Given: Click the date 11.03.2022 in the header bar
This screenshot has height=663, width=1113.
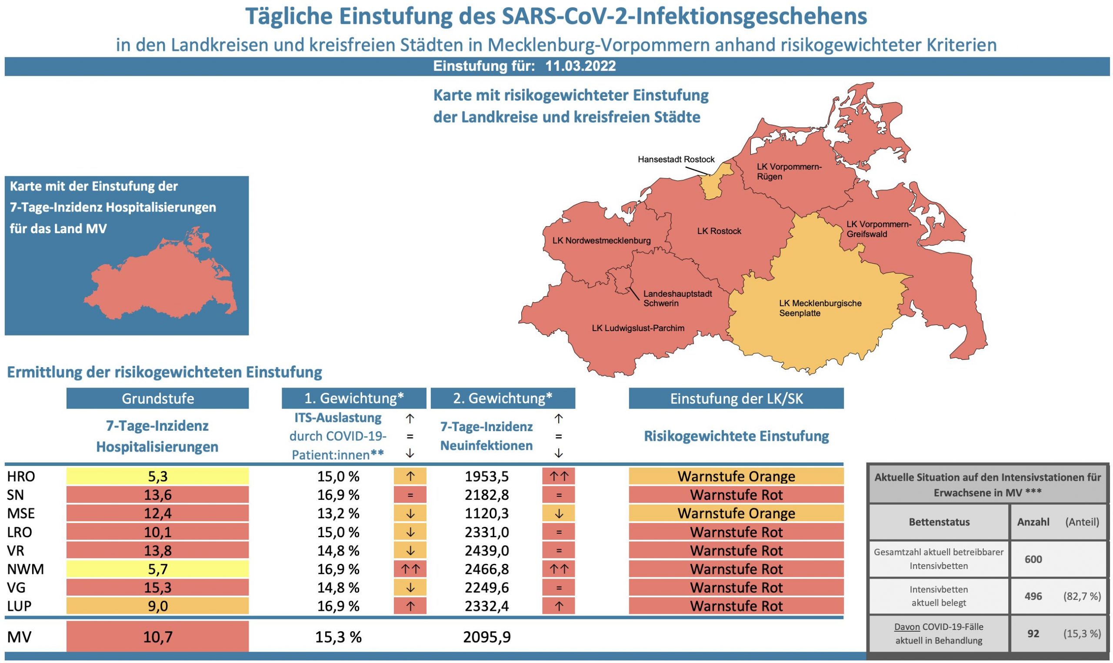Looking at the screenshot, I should (580, 66).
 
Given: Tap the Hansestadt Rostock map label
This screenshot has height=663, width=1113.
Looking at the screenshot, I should (676, 160).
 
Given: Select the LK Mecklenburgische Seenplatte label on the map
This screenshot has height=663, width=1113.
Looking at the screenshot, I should (820, 308).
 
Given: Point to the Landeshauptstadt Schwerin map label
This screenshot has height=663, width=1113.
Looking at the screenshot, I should (677, 298).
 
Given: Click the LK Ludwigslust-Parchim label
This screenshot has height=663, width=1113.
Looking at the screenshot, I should (637, 328).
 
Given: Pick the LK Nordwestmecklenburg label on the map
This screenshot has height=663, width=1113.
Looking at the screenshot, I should (601, 241).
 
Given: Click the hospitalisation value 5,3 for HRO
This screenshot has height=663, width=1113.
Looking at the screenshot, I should (157, 476).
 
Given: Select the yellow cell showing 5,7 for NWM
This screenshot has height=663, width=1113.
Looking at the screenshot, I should (157, 569).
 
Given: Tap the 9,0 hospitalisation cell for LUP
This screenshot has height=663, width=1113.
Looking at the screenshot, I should (157, 606).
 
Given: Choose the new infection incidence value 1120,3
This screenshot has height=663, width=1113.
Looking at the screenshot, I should (486, 513).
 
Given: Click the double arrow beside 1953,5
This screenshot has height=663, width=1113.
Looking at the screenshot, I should (558, 476).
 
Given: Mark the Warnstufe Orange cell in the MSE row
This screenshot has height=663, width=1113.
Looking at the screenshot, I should (736, 513).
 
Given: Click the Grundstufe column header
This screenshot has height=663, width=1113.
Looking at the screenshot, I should (157, 398).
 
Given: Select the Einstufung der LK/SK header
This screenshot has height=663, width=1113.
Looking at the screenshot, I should (736, 398).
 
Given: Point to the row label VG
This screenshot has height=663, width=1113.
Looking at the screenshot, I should (16, 588).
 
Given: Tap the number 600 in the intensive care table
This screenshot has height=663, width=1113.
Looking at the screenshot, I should (1033, 559).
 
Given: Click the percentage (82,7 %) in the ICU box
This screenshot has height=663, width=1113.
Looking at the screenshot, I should (1082, 596).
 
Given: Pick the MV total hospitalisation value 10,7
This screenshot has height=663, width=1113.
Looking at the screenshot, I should (157, 637).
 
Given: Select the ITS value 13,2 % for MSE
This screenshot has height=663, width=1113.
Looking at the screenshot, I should (338, 513).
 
